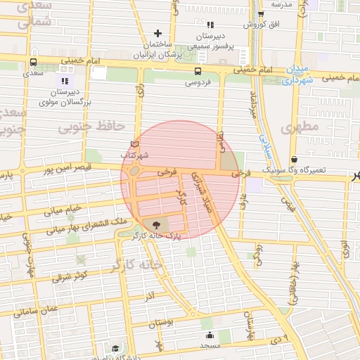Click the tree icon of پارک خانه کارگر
[x=155, y=225]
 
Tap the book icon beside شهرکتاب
[x=135, y=144]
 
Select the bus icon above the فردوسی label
[x=198, y=71]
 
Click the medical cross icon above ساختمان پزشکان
[x=157, y=32]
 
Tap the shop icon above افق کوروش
[x=260, y=14]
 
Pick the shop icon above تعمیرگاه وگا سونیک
[x=293, y=159]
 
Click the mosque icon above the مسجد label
[x=210, y=335]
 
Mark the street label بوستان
[x=161, y=323]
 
